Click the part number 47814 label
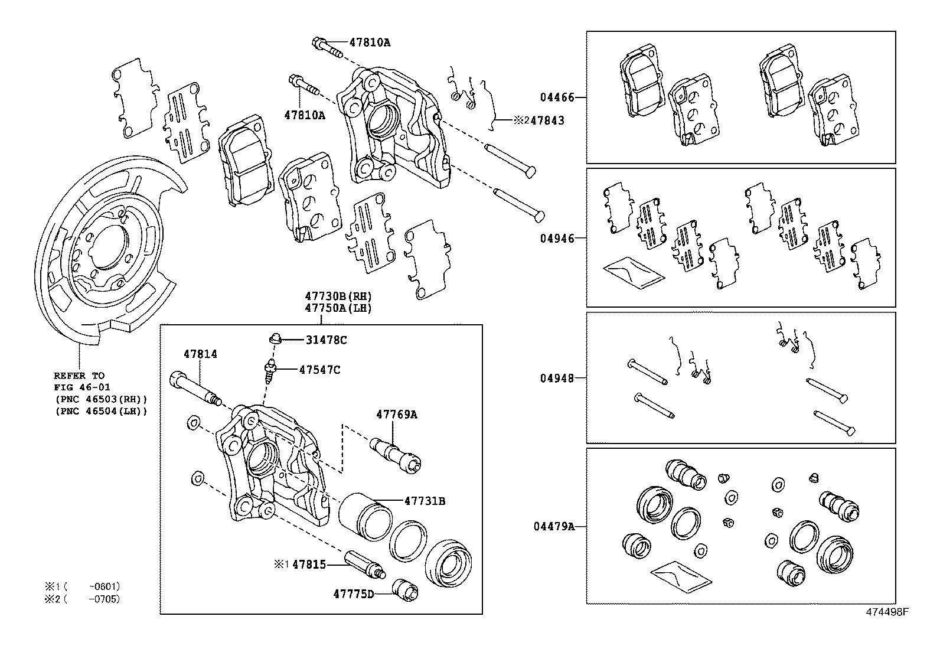(200, 354)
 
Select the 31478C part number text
(326, 340)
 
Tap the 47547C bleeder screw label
(319, 370)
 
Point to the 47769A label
(396, 415)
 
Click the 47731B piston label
(425, 501)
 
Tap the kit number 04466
(557, 97)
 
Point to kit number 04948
(557, 378)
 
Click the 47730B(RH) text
(338, 296)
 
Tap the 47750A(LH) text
(338, 308)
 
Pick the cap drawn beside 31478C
(275, 339)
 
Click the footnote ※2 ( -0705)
(82, 599)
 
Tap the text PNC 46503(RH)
(100, 399)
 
